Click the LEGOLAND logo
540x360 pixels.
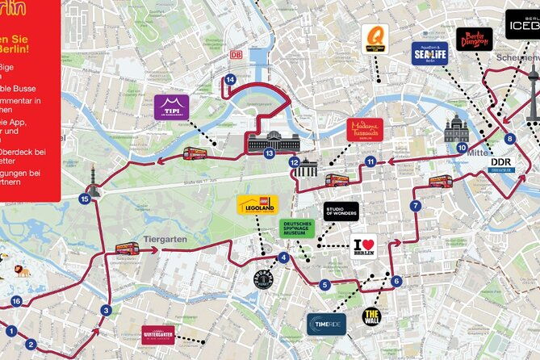pyautogui.click(x=257, y=205)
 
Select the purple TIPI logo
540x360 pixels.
pyautogui.click(x=171, y=106)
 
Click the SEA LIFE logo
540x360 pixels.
pyautogui.click(x=429, y=53)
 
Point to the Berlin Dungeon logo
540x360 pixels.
pyautogui.click(x=474, y=39)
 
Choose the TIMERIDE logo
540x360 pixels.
pyautogui.click(x=326, y=324)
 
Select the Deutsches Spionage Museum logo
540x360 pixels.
pyautogui.click(x=296, y=228)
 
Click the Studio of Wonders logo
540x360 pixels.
pyautogui.click(x=341, y=211)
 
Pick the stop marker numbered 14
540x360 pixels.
pyautogui.click(x=231, y=79)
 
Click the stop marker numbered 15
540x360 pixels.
pyautogui.click(x=85, y=198)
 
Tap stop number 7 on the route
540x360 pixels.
pyautogui.click(x=415, y=206)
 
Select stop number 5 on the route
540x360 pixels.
pyautogui.click(x=324, y=284)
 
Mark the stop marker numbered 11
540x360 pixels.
pyautogui.click(x=370, y=161)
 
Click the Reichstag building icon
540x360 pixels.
pyautogui.click(x=274, y=142)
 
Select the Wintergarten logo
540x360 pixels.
pyautogui.click(x=157, y=332)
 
